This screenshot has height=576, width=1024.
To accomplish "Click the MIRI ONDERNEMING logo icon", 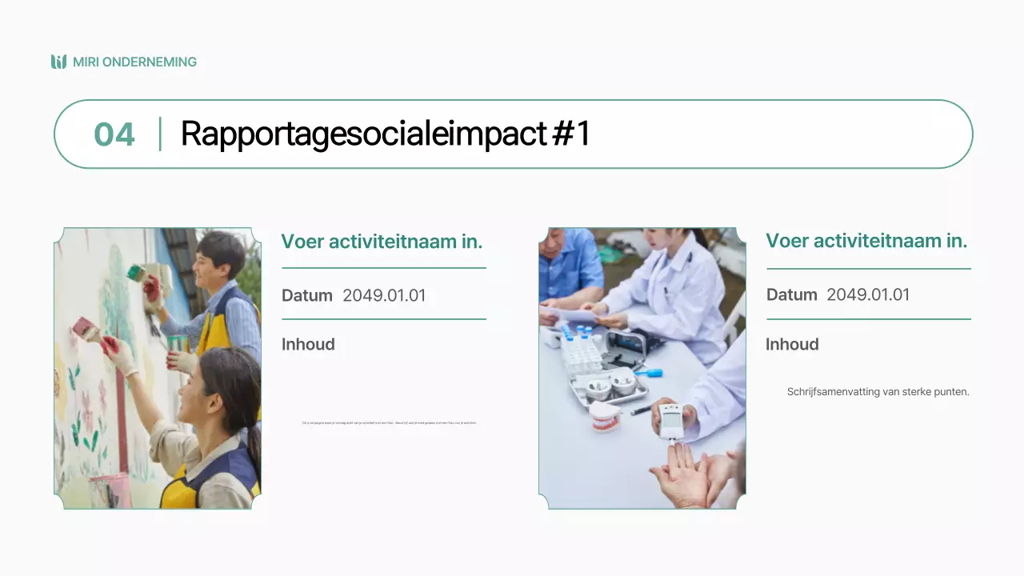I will point(58,62).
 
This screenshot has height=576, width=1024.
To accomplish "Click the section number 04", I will point(114,134).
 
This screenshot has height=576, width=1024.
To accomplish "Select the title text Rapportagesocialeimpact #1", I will point(385,134).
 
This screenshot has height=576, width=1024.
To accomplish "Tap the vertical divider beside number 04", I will point(160,134).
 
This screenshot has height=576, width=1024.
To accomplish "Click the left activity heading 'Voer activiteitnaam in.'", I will point(382,241).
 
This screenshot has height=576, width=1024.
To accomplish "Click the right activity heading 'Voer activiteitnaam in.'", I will point(866,241).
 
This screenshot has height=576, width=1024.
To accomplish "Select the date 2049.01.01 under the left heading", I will point(384,295).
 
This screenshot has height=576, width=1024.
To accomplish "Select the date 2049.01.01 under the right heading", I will point(868,294).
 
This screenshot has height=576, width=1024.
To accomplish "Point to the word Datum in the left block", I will point(306,295).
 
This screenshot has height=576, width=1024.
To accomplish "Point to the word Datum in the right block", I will point(791,294).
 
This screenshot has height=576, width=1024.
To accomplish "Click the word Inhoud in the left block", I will point(308,344).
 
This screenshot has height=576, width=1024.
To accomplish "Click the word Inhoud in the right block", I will point(792,344).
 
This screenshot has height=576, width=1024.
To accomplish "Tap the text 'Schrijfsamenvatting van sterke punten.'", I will point(878,392).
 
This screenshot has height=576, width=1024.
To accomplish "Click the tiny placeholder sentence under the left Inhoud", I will point(389,422).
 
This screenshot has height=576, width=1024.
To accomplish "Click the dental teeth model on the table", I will point(606,416).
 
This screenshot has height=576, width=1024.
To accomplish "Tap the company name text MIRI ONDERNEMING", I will point(134,62).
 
